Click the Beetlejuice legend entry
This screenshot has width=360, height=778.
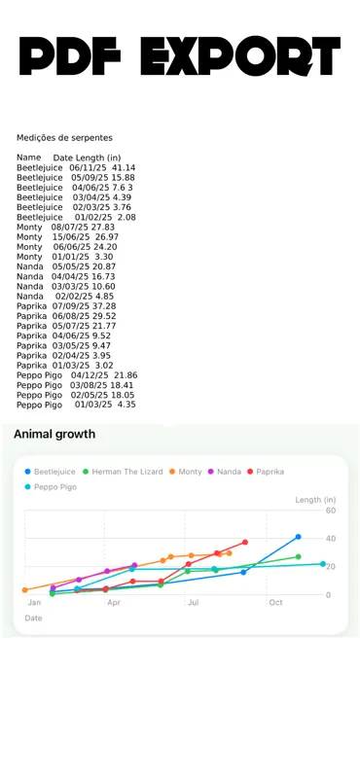[x=51, y=472]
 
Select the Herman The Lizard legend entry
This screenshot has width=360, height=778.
[x=123, y=472]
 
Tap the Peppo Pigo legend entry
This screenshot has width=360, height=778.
[x=51, y=487]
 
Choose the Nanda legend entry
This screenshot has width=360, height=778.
[x=224, y=472]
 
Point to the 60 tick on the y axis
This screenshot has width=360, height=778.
[x=331, y=511]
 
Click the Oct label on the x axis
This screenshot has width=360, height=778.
[x=275, y=602]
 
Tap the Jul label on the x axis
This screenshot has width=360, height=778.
[x=194, y=602]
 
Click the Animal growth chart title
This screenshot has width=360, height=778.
[x=54, y=434]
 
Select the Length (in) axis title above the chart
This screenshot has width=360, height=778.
[x=316, y=500]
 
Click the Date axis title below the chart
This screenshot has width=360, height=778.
[x=33, y=619]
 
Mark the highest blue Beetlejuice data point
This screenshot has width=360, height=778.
[x=298, y=537]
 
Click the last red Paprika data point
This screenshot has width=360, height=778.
[x=245, y=543]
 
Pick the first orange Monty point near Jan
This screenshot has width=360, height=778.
[x=25, y=590]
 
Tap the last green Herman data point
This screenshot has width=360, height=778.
[x=298, y=556]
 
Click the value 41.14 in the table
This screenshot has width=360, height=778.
[x=125, y=167]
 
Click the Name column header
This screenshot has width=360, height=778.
[x=29, y=158]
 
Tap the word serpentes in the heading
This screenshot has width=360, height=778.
[x=93, y=138]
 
